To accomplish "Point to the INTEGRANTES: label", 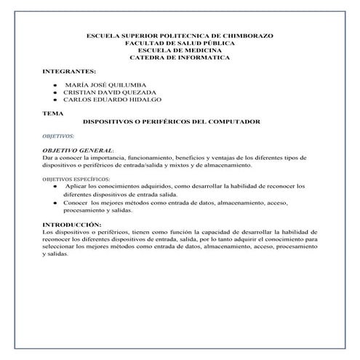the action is (70, 72).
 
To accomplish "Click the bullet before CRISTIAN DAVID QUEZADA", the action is (55, 93).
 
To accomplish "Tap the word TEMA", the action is (52, 113).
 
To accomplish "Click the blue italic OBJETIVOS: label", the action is (58, 136).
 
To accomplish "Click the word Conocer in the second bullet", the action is (78, 201).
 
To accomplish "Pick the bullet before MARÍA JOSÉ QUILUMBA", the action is (55, 86).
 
